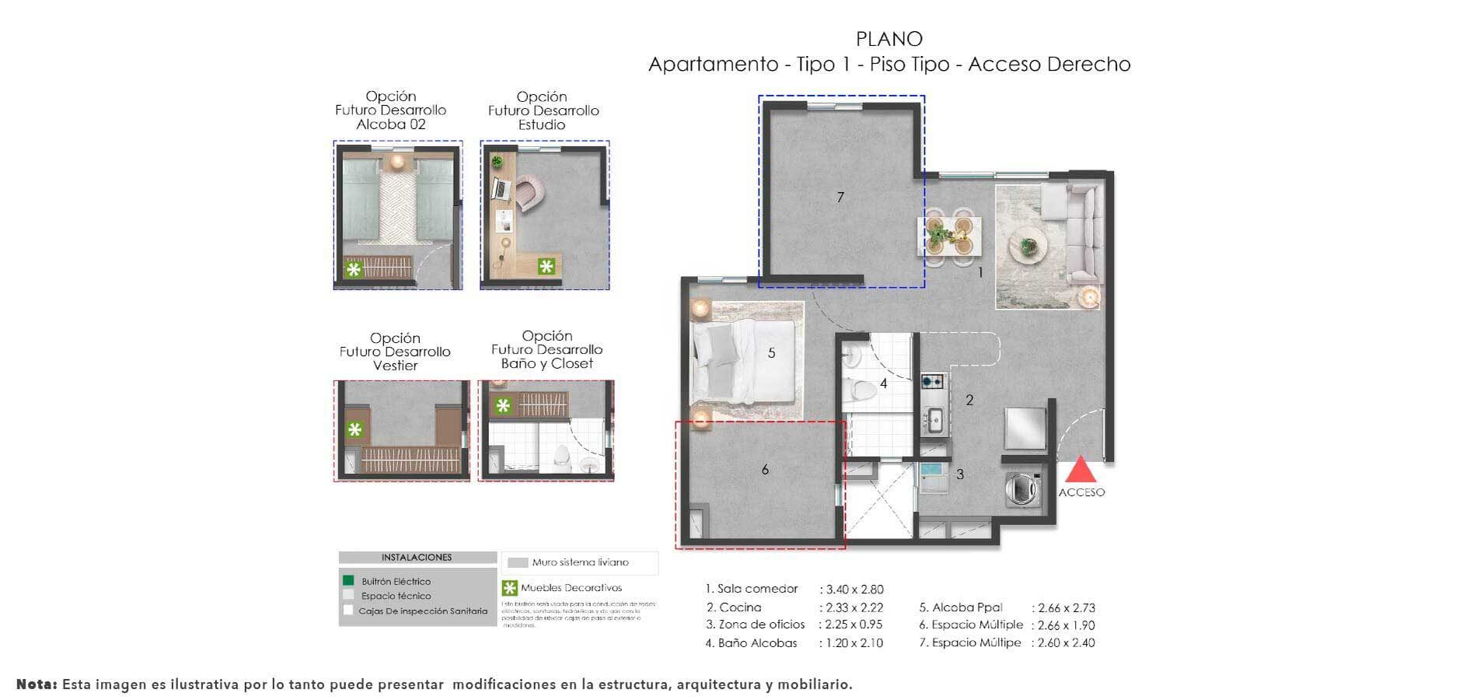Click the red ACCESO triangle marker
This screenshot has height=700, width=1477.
pyautogui.click(x=1081, y=471)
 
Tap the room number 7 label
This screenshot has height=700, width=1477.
pyautogui.click(x=840, y=198)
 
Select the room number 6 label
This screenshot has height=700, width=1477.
pyautogui.click(x=765, y=470)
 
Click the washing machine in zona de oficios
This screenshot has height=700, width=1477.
pyautogui.click(x=1021, y=489)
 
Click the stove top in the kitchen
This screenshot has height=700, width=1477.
pyautogui.click(x=932, y=381)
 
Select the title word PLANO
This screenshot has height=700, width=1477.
pyautogui.click(x=889, y=39)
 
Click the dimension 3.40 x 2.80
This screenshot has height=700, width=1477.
pyautogui.click(x=851, y=590)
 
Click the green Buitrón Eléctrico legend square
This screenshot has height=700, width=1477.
pyautogui.click(x=348, y=580)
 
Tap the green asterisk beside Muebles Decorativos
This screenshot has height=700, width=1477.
pyautogui.click(x=510, y=588)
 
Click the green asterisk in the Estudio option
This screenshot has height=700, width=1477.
pyautogui.click(x=547, y=267)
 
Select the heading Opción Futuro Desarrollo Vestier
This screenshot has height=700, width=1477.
pyautogui.click(x=395, y=352)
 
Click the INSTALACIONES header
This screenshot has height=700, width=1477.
pyautogui.click(x=417, y=558)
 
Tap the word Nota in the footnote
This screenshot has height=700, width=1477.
pyautogui.click(x=37, y=684)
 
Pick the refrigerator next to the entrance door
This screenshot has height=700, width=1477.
pyautogui.click(x=1025, y=429)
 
